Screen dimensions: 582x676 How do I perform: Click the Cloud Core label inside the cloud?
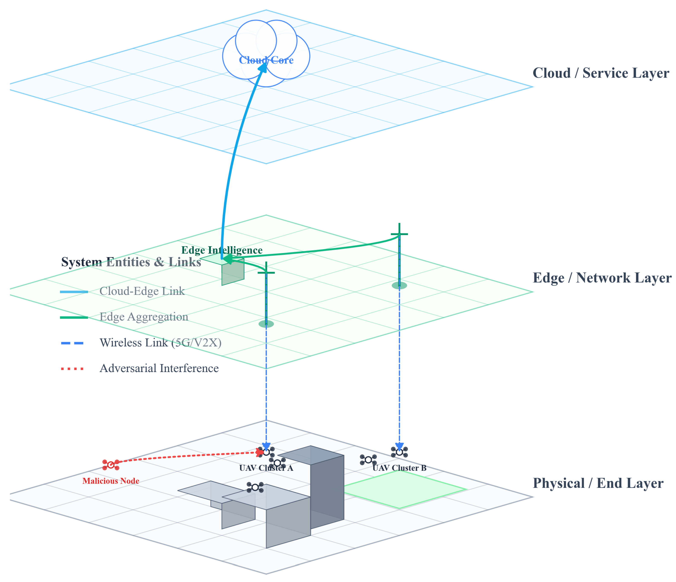[x=266, y=60]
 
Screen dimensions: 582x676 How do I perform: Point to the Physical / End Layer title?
[x=598, y=483]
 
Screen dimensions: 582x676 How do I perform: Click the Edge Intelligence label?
[x=222, y=250]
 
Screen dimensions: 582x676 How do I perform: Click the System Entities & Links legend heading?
[x=131, y=262]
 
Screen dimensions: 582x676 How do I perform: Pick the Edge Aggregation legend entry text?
[x=144, y=317]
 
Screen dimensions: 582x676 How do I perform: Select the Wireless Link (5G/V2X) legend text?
[x=160, y=343]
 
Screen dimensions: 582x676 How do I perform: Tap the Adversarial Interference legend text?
[x=159, y=368]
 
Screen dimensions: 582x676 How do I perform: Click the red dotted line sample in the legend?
[x=72, y=369]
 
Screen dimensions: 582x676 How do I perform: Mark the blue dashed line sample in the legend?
[x=72, y=343]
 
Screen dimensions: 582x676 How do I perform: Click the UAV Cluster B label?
[x=399, y=468]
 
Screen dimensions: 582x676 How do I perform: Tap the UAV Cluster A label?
[x=266, y=468]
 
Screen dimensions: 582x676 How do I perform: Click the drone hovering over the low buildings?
[x=255, y=487]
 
